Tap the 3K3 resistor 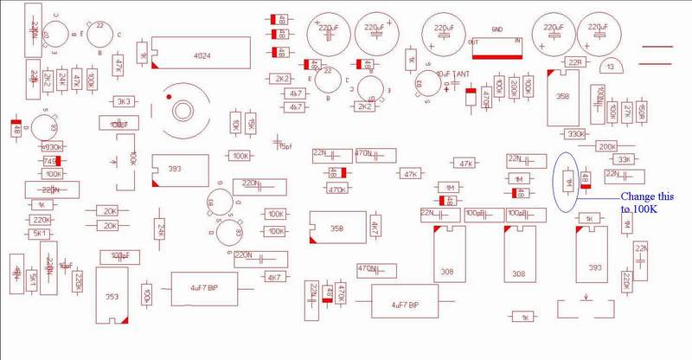click(x=125, y=101)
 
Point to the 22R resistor click(x=574, y=62)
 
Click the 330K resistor click(x=574, y=134)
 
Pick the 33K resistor click(x=622, y=159)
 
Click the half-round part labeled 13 click(x=612, y=66)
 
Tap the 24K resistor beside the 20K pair click(x=161, y=228)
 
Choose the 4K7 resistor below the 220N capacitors click(x=275, y=277)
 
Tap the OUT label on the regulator click(x=472, y=42)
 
